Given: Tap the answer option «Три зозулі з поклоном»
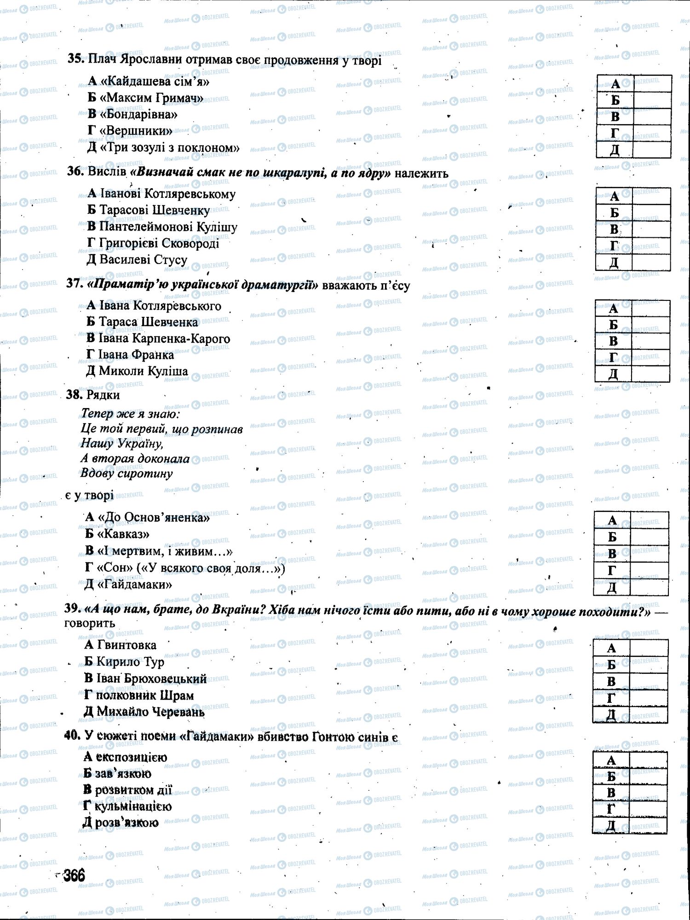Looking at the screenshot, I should pos(163,148).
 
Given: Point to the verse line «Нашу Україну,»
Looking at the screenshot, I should pos(122,443).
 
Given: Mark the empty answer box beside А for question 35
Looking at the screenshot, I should pos(652,84).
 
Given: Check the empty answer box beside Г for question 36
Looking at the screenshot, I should pos(651,246).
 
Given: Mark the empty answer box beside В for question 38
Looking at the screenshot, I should pos(649,553).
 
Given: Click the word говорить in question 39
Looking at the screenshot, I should pos(90,624).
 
